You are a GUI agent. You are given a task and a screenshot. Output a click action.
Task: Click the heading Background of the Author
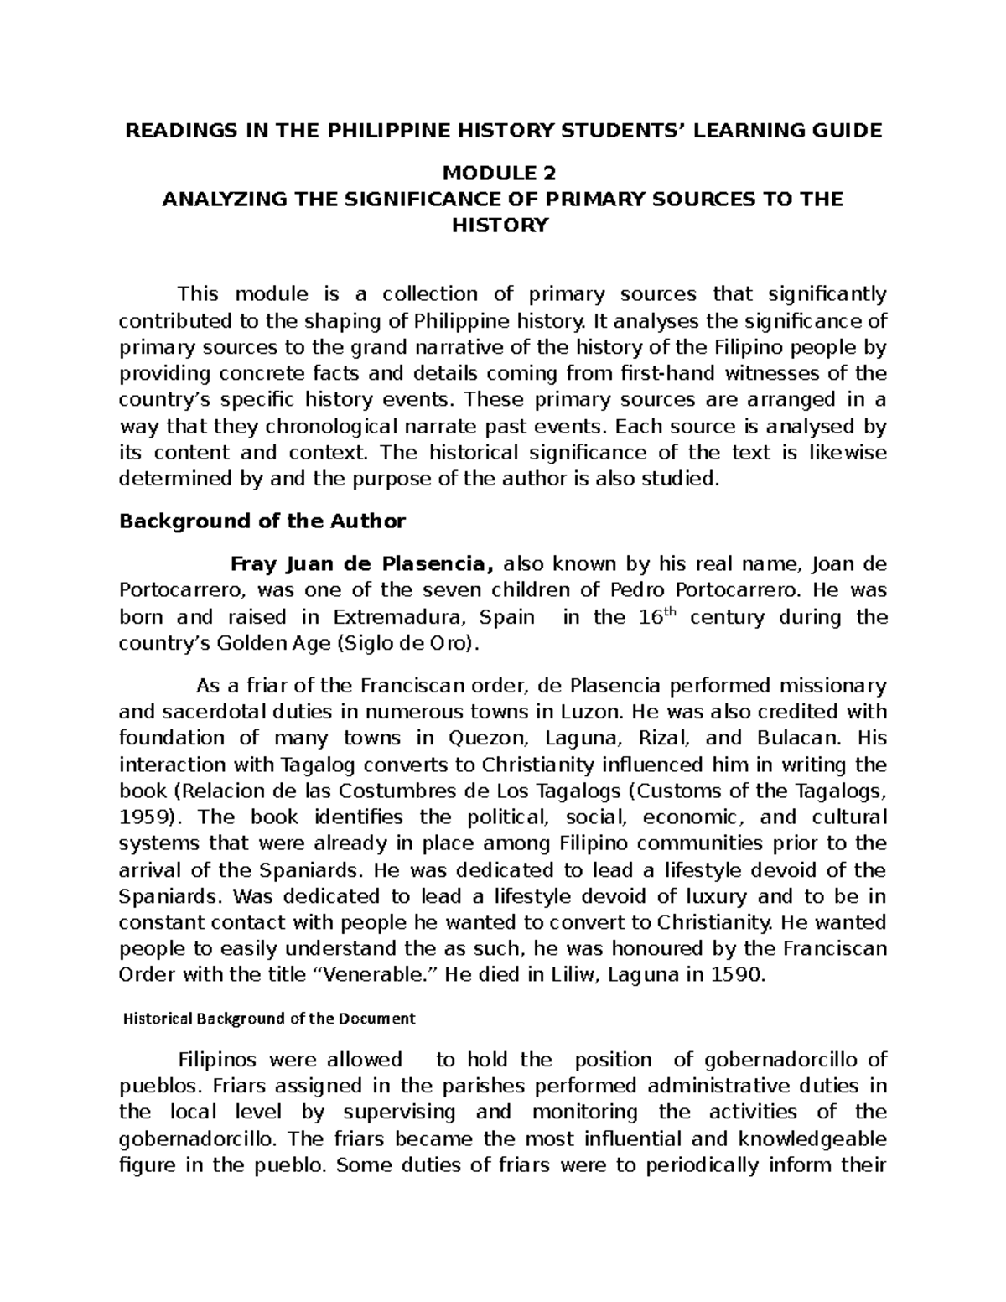pos(262,521)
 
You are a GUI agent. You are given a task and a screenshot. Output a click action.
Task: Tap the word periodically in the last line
pos(692,1165)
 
